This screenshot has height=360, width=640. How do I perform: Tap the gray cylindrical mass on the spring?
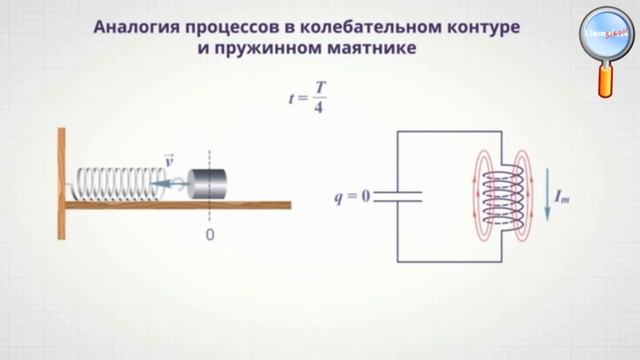tap(209, 183)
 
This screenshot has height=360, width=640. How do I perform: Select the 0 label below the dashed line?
tap(210, 234)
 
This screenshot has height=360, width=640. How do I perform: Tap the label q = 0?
tap(352, 195)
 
